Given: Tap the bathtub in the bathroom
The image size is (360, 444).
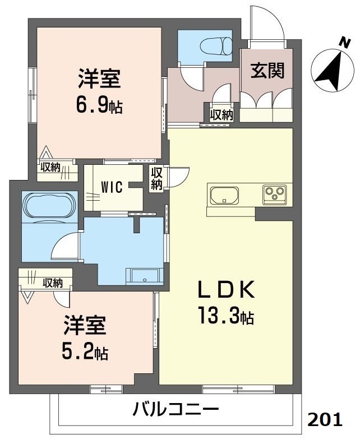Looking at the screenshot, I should (49, 206).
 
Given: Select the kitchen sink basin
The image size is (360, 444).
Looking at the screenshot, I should (224, 196).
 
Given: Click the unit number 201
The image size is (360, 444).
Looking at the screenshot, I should (325, 420).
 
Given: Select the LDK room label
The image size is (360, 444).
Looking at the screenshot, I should (227, 290).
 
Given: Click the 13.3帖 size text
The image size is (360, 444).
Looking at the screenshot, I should (227, 317).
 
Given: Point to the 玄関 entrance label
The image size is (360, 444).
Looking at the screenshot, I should (267, 71).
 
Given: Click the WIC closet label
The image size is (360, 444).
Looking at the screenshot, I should (112, 187).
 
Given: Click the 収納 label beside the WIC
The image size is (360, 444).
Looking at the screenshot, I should (156, 178).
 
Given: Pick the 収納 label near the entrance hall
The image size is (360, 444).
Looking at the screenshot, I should (221, 115).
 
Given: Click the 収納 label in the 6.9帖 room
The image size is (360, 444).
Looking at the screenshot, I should (50, 166).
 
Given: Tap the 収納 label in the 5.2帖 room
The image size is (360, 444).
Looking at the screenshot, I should (52, 282).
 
